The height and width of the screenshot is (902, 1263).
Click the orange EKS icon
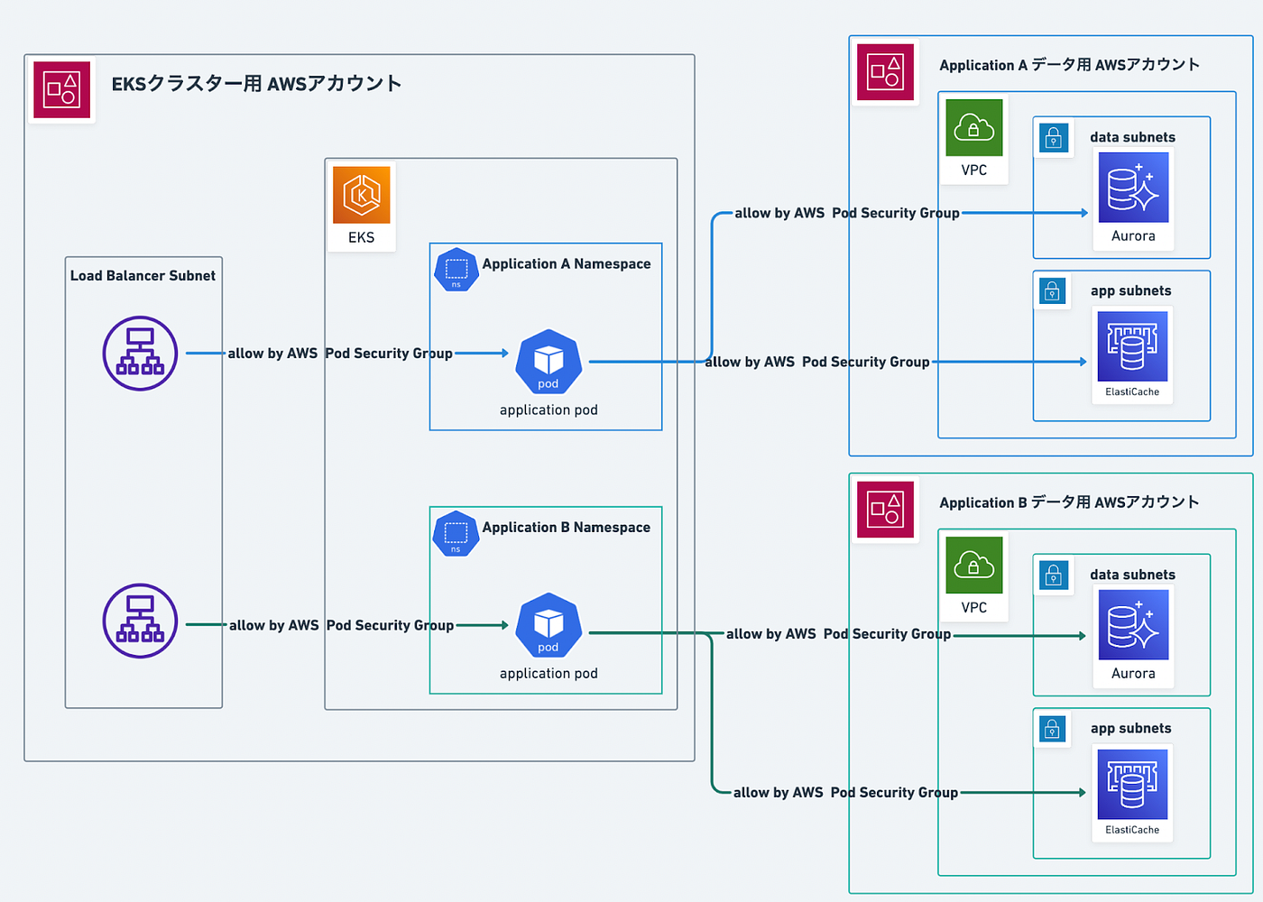361,195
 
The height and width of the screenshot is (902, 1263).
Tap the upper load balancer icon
140,353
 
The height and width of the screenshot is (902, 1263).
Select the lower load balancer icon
140,621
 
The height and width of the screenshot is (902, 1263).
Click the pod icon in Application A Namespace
549,362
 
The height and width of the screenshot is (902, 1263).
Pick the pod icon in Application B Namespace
549,625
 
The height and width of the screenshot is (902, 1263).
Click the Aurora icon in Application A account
1133,188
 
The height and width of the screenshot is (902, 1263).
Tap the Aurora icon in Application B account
1133,625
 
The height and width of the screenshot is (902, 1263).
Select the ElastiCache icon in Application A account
1132,346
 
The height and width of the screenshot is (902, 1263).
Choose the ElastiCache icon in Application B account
1132,784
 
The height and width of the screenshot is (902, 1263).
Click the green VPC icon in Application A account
973,128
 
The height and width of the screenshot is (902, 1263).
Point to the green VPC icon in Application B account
973,566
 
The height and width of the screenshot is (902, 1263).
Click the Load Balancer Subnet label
143,276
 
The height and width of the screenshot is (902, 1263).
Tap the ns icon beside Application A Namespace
456,270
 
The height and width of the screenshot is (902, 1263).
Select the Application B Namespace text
566,528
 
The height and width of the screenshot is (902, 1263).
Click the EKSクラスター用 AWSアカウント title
256,84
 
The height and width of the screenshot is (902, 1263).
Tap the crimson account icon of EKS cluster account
61,90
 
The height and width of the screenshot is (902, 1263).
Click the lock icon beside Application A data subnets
1053,138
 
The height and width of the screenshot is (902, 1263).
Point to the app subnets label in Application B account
1130,729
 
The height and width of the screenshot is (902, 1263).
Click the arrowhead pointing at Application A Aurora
1084,213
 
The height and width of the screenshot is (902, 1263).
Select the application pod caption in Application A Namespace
549,410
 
